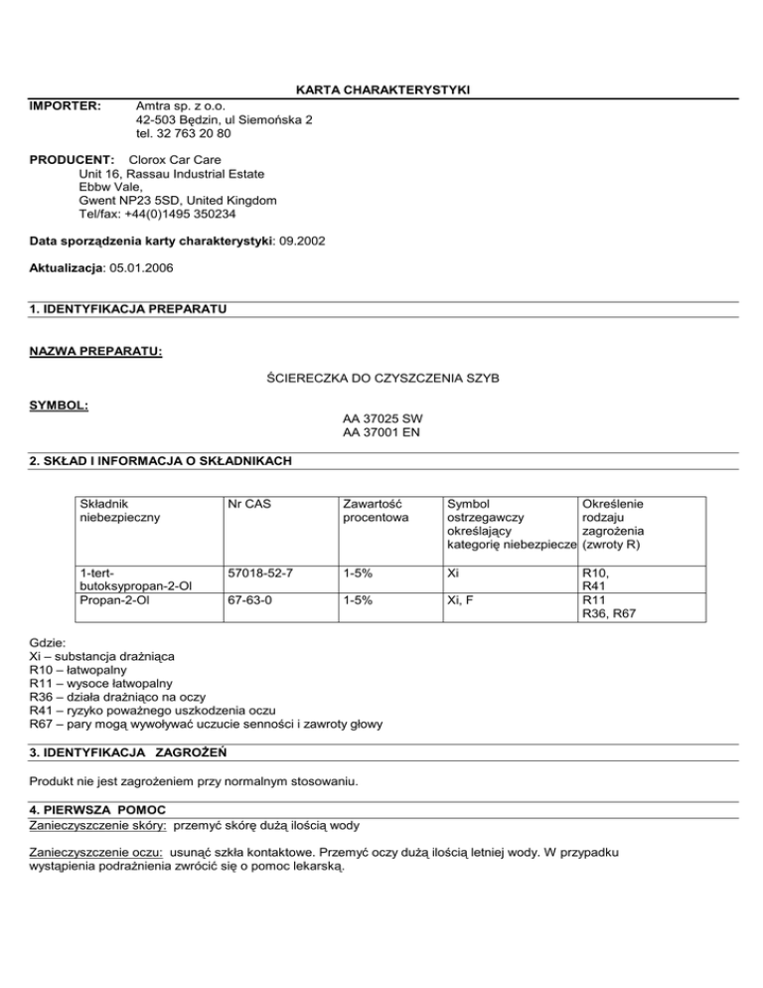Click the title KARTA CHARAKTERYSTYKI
coord(381,90)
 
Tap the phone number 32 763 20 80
coord(197,133)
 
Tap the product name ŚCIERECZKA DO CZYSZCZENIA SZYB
coord(381,379)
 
